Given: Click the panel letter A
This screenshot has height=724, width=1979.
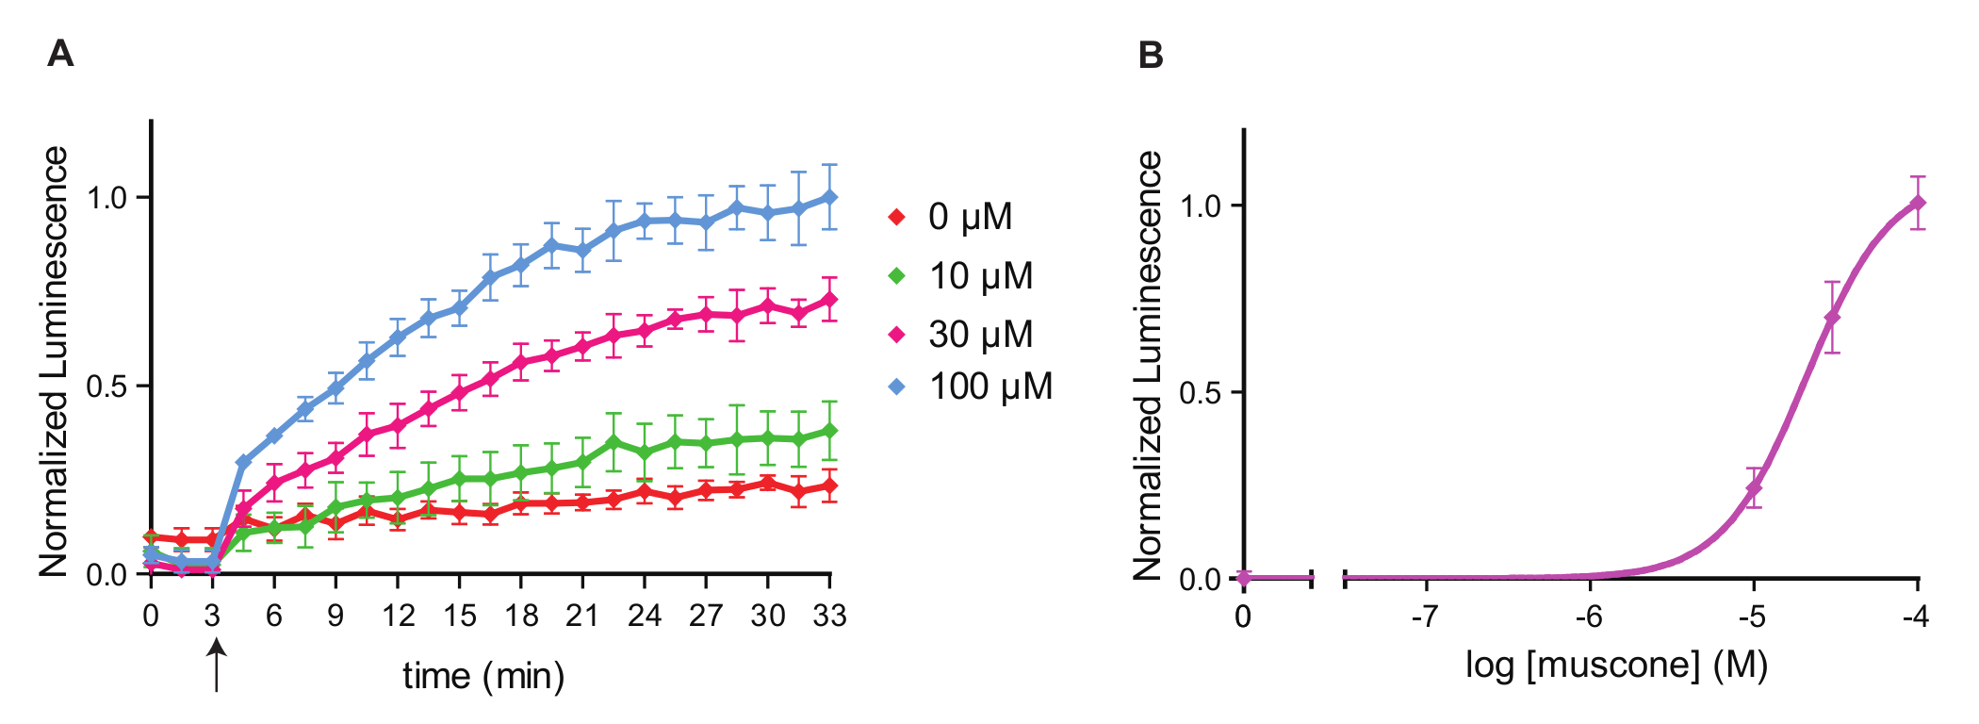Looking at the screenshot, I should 60,54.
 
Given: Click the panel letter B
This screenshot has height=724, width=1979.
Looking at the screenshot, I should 1151,56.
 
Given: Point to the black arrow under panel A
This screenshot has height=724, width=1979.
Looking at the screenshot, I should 217,664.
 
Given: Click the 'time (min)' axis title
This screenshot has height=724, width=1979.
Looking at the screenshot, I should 483,676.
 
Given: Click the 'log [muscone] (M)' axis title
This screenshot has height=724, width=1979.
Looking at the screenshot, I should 1616,666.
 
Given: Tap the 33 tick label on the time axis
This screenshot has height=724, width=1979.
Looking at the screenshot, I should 830,617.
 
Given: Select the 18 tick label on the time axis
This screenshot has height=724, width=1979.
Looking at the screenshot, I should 521,617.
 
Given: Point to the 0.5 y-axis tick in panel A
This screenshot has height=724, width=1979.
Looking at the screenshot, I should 106,387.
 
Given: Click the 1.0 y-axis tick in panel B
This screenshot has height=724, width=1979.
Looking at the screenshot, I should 1201,206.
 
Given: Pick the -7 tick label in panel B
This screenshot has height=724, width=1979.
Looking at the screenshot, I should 1425,617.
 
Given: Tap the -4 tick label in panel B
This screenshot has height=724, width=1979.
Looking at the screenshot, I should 1915,617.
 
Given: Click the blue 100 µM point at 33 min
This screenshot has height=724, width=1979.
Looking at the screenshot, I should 830,197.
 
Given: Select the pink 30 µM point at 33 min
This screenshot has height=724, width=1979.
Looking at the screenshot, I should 830,300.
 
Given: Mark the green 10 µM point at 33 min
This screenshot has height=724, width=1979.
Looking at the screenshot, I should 830,431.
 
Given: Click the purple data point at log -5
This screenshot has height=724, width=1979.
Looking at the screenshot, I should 1754,488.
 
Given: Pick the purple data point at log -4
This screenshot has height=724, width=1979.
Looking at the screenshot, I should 1918,203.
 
